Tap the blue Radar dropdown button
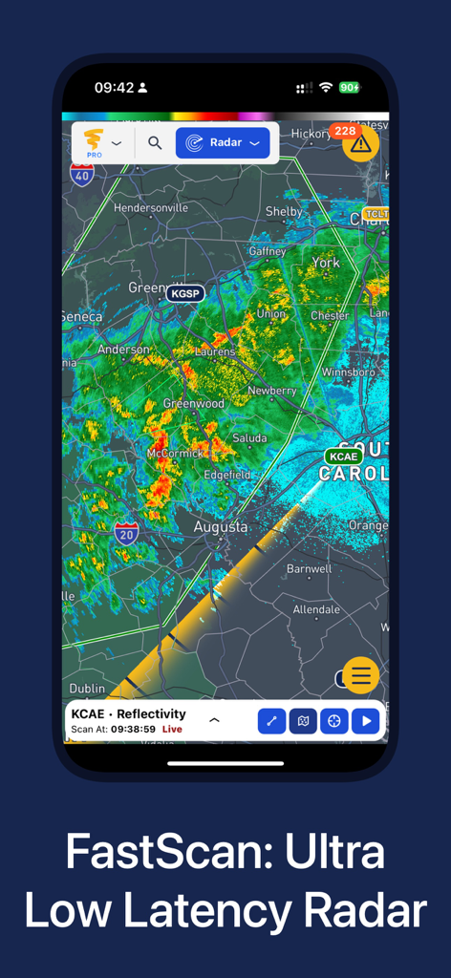coord(223,143)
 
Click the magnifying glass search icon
coord(155,143)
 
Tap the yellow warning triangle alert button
coord(361,144)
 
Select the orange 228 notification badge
coord(345,131)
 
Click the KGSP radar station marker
coord(185,293)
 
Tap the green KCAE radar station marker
coord(343,457)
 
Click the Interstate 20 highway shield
coord(126,533)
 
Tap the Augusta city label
coord(221,526)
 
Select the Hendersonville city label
coord(151,207)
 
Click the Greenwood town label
coord(194,403)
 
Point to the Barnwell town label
coord(309,568)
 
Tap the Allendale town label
coord(316,609)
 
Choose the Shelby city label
coord(284,211)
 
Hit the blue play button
coord(365,721)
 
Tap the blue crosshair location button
coord(333,721)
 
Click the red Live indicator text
coord(172,729)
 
